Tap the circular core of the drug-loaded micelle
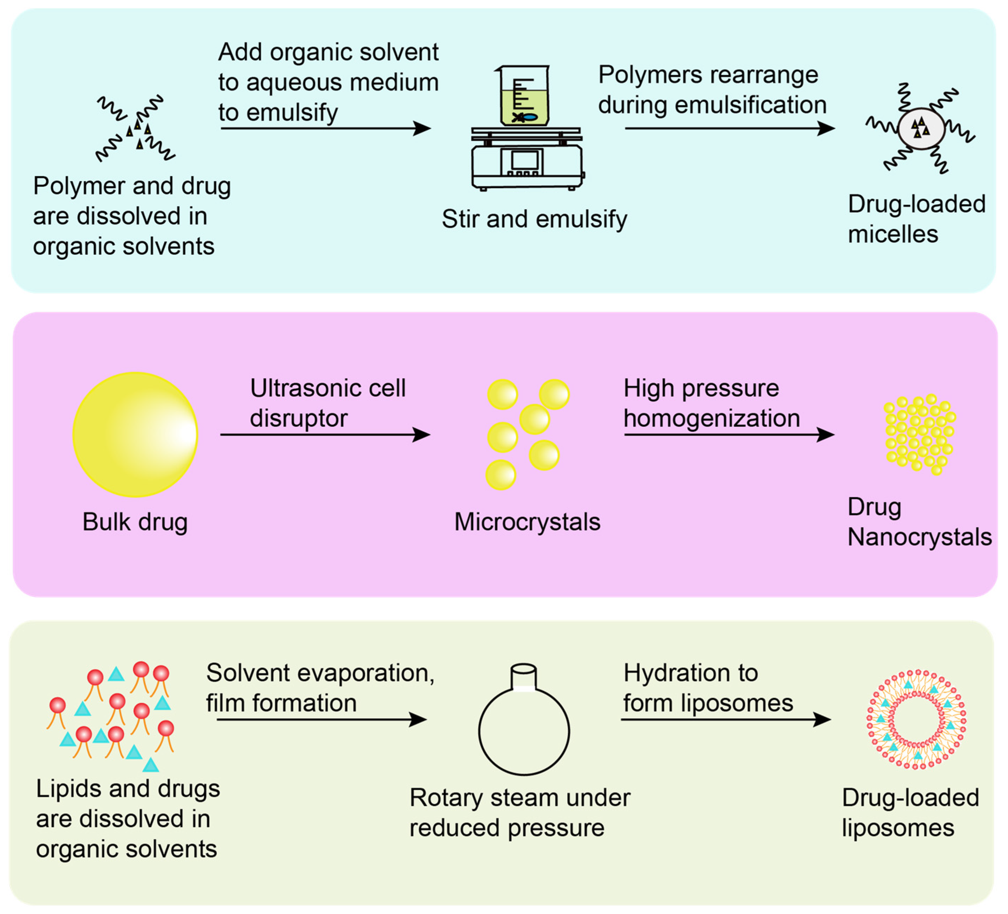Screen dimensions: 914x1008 [921, 129]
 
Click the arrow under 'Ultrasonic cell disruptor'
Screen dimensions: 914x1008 [325, 434]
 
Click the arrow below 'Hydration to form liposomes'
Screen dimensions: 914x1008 [725, 720]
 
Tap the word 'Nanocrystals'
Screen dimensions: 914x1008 [919, 537]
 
